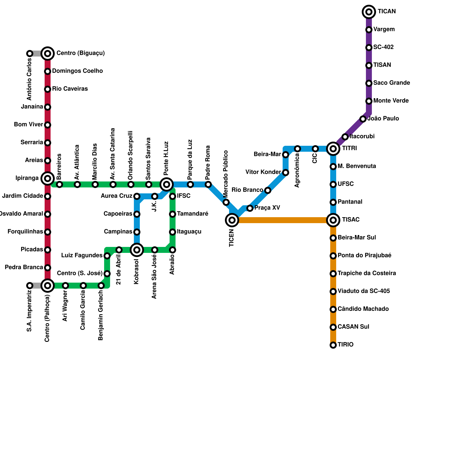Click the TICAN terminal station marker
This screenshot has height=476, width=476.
click(369, 12)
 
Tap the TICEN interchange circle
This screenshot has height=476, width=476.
click(232, 220)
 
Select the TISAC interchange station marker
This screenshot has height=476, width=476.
click(333, 220)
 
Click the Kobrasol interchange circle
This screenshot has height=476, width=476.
click(137, 250)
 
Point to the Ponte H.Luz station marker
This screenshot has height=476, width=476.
click(167, 184)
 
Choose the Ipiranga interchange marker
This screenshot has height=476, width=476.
click(48, 178)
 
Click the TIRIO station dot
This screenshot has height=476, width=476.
click(333, 345)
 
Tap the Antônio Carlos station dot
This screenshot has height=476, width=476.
click(30, 54)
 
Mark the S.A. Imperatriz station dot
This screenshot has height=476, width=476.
click(30, 286)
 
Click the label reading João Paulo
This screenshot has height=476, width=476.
click(383, 119)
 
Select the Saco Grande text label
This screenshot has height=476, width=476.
click(392, 83)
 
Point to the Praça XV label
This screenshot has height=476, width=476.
click(267, 208)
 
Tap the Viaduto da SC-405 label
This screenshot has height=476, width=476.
click(364, 291)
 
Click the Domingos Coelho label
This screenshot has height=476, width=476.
click(77, 71)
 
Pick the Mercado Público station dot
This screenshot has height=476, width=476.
click(226, 202)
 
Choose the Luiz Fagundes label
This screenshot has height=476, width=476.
click(82, 256)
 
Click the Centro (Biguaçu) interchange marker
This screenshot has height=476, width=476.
click(48, 54)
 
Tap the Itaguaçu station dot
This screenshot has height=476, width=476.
click(173, 232)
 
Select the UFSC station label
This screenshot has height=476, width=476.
click(346, 184)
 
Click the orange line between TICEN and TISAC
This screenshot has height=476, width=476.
click(283, 220)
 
